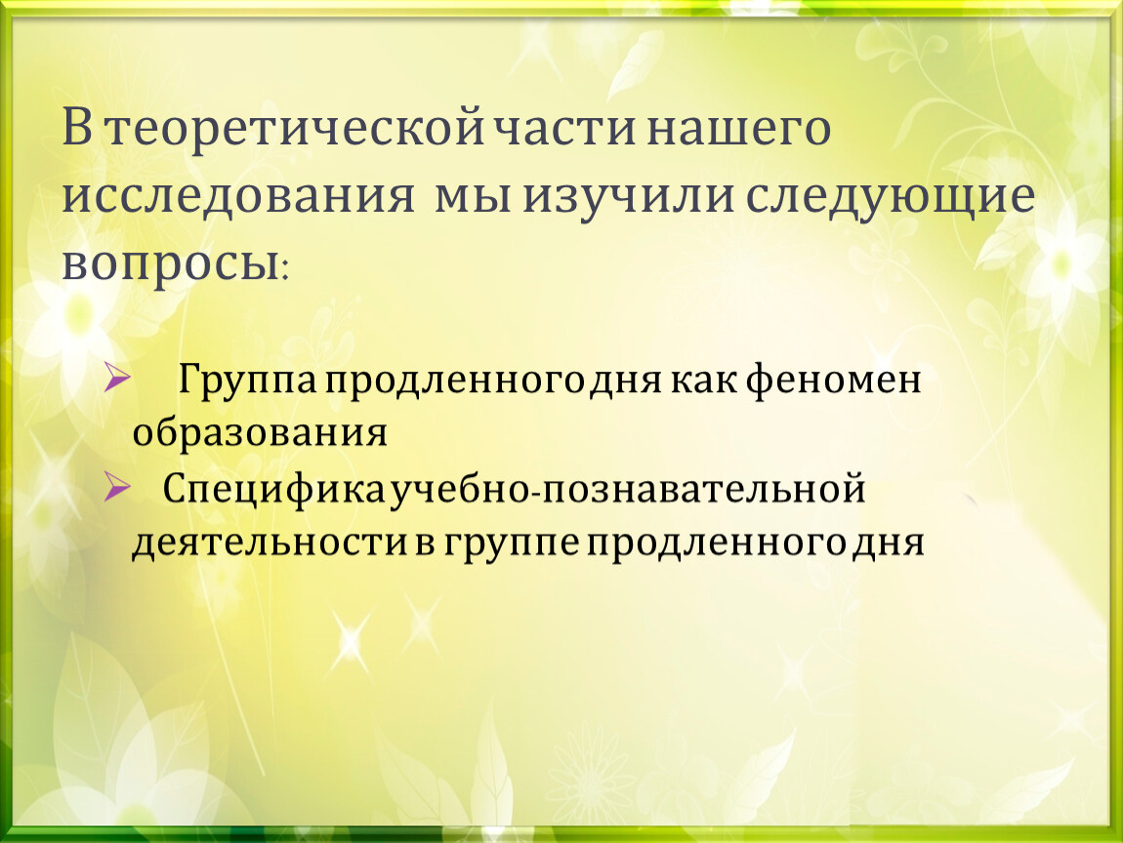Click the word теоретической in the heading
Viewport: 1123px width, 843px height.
[x=294, y=129]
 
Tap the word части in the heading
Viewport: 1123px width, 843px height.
[x=565, y=129]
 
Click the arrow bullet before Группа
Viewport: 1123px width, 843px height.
[x=117, y=378]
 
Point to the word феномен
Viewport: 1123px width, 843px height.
[x=834, y=380]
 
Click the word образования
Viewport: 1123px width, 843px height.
[x=259, y=433]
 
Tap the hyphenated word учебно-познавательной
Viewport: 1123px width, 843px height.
[x=628, y=490]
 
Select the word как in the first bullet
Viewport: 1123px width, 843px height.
[x=703, y=381]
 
